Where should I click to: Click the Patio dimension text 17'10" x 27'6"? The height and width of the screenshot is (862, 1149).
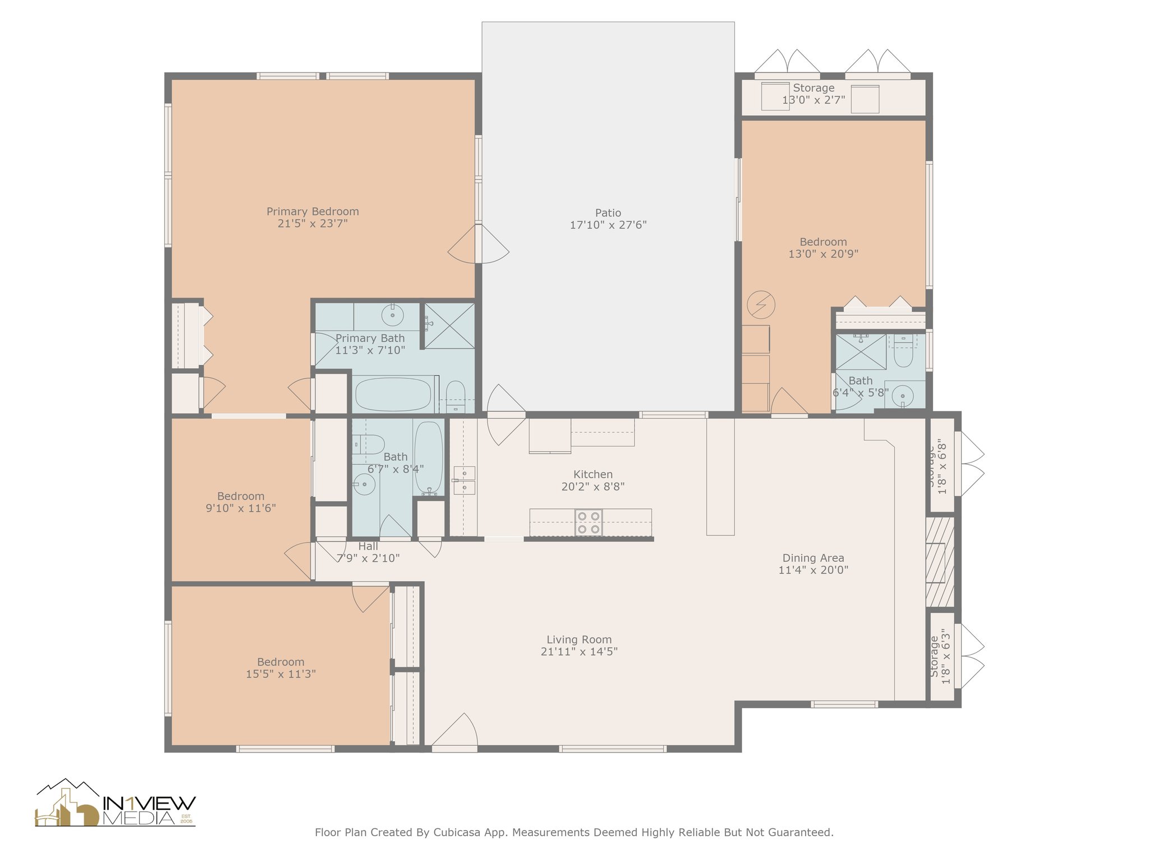coord(608,225)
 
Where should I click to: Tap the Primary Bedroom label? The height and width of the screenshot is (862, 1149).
coord(312,212)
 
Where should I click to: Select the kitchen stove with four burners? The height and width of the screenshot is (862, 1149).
coord(589,522)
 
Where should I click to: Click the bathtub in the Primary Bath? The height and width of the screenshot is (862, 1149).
coord(393,394)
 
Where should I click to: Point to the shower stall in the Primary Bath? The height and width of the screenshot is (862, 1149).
coord(449,325)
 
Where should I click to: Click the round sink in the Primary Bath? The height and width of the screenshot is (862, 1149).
coord(393,315)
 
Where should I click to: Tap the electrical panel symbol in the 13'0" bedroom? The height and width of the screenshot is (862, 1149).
coord(761,305)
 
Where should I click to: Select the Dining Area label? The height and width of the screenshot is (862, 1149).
coord(813,558)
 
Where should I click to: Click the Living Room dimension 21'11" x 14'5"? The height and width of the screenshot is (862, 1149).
coord(579,652)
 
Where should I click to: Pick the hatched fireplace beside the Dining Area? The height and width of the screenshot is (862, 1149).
coord(940,562)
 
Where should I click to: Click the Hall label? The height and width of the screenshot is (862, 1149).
coord(368,546)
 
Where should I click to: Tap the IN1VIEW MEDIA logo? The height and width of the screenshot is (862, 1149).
coord(116,803)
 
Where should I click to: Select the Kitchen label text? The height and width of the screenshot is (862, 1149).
coord(593,474)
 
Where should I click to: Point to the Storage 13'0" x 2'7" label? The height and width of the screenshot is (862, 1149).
coord(814,94)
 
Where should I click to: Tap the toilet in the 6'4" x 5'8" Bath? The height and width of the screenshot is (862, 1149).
coord(903,352)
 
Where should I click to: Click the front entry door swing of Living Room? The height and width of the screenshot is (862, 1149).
coord(454,730)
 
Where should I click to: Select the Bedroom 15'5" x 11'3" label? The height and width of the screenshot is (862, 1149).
coord(281,668)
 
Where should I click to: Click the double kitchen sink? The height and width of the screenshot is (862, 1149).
coord(465,480)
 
